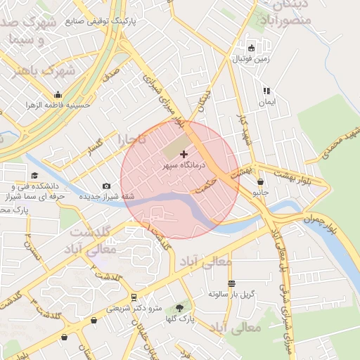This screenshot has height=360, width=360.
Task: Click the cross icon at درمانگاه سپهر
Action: [184, 154]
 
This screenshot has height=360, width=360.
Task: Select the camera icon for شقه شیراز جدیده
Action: [106, 186]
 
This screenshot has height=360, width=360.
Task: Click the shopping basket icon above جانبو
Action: [260, 181]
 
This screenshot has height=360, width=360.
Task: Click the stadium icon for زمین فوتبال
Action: [251, 49]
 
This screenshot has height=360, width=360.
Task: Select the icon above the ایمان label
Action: [266, 91]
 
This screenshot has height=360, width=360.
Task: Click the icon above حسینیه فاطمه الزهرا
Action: [58, 95]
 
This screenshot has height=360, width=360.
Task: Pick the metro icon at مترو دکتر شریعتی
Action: [134, 297]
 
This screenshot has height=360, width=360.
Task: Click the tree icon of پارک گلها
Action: [181, 308]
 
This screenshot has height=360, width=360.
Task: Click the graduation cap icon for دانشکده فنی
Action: [34, 176]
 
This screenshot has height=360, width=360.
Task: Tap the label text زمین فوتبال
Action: [253, 60]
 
